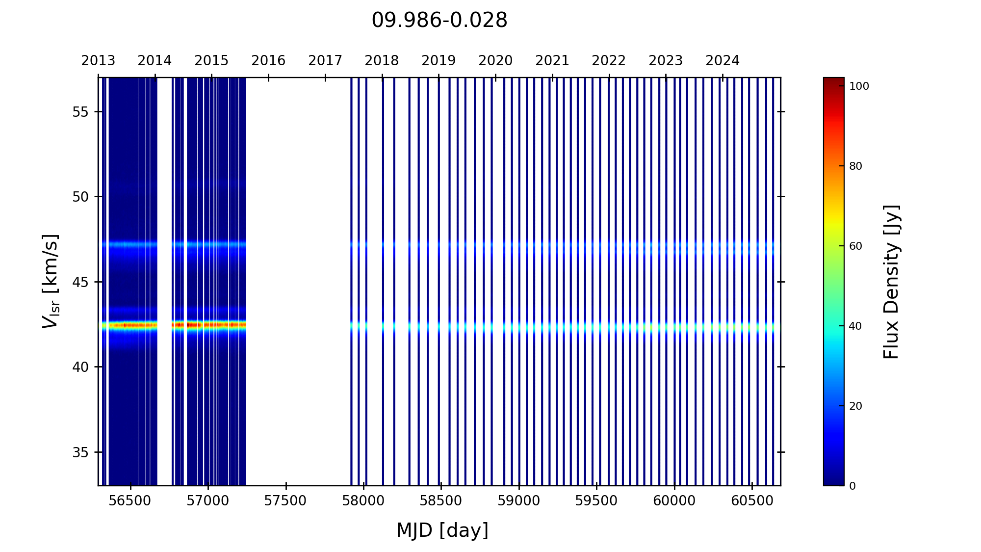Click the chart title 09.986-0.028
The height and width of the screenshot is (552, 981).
(439, 21)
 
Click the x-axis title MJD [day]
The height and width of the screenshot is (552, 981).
(442, 530)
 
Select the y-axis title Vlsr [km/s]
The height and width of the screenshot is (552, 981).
(51, 281)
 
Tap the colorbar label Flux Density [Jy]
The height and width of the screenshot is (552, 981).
(891, 282)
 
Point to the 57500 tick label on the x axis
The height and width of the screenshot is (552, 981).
(285, 501)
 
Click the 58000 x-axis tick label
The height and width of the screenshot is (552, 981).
(363, 501)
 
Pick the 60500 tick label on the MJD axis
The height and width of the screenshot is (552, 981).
(751, 501)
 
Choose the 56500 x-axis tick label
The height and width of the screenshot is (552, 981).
(130, 501)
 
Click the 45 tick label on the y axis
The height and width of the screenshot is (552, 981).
(80, 282)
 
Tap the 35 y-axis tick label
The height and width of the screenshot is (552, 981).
(80, 452)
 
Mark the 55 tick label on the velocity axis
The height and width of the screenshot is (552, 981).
(80, 112)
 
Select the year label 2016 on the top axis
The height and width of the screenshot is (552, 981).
(268, 61)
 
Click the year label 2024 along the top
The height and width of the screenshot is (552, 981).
(722, 61)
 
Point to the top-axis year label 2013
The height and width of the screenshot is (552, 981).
(98, 61)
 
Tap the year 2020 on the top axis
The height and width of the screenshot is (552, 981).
(495, 61)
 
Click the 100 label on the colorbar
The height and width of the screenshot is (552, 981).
(859, 86)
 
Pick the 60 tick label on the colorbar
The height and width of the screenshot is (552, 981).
(855, 246)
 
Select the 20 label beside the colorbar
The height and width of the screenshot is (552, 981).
(855, 406)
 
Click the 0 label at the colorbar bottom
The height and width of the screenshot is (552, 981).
(852, 486)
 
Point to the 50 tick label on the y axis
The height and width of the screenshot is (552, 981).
(80, 197)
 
